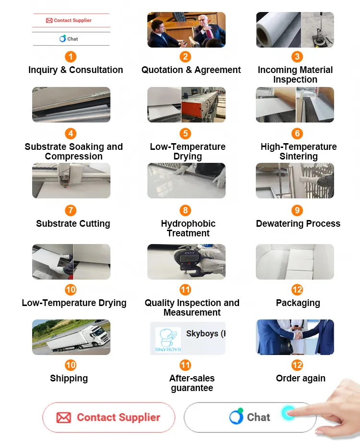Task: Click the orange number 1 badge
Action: tap(71, 57)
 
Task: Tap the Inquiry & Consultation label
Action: tap(75, 70)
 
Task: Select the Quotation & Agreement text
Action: tap(191, 70)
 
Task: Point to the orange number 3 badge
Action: tap(298, 57)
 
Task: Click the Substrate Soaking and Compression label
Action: tap(73, 152)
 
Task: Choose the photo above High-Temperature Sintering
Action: tap(295, 105)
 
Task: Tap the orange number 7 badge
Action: tap(71, 210)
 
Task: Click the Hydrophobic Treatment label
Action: tap(188, 229)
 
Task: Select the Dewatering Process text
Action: tap(298, 224)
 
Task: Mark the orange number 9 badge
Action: tap(298, 210)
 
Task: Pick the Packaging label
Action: tap(298, 303)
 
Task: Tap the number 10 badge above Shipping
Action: tap(71, 365)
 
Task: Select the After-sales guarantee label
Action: tap(192, 383)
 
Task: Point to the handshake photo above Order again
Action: tap(295, 337)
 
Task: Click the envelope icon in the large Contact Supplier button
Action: tap(63, 417)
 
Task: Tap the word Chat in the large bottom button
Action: tap(258, 417)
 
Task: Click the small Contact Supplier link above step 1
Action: tap(71, 21)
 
